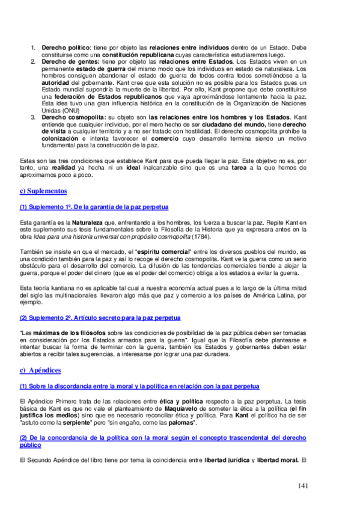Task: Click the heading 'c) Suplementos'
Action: coord(43,191)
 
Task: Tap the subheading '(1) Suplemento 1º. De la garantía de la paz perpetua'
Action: coord(94,207)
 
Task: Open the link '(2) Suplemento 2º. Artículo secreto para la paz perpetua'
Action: coord(100,317)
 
